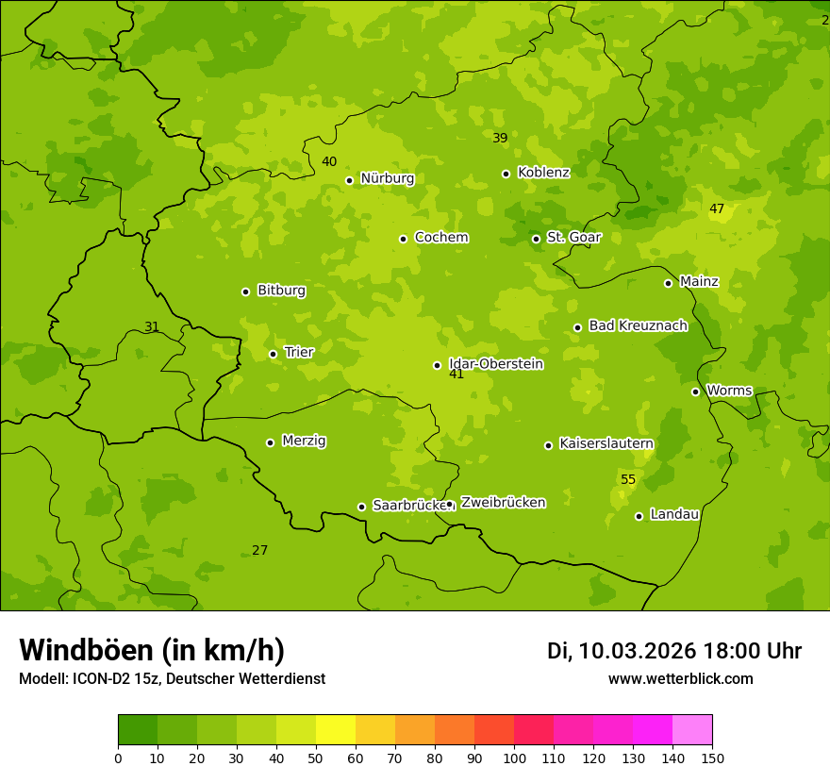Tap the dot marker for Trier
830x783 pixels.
pyautogui.click(x=273, y=354)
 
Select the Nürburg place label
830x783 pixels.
pyautogui.click(x=387, y=178)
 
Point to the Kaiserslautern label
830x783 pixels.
pyautogui.click(x=606, y=443)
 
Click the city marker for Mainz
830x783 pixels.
pyautogui.click(x=668, y=283)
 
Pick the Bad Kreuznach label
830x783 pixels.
pyautogui.click(x=638, y=325)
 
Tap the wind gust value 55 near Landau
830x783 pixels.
pyautogui.click(x=628, y=480)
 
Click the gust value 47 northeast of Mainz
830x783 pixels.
pyautogui.click(x=717, y=209)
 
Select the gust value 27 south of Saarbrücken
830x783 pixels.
pyautogui.click(x=259, y=551)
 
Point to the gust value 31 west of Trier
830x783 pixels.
pyautogui.click(x=152, y=327)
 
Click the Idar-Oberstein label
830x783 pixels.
pyautogui.click(x=496, y=363)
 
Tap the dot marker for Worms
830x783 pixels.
pyautogui.click(x=695, y=391)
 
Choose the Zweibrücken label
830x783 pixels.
pyautogui.click(x=503, y=503)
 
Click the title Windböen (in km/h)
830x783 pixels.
pyautogui.click(x=152, y=650)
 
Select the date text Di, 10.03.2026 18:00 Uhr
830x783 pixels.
pyautogui.click(x=674, y=651)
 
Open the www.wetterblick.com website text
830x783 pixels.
pyautogui.click(x=680, y=679)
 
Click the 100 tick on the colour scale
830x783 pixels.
pyautogui.click(x=514, y=758)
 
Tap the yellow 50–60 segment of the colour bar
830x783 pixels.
pyautogui.click(x=336, y=730)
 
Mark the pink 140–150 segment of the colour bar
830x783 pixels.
pyautogui.click(x=692, y=730)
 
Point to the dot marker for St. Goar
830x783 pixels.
pyautogui.click(x=536, y=239)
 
